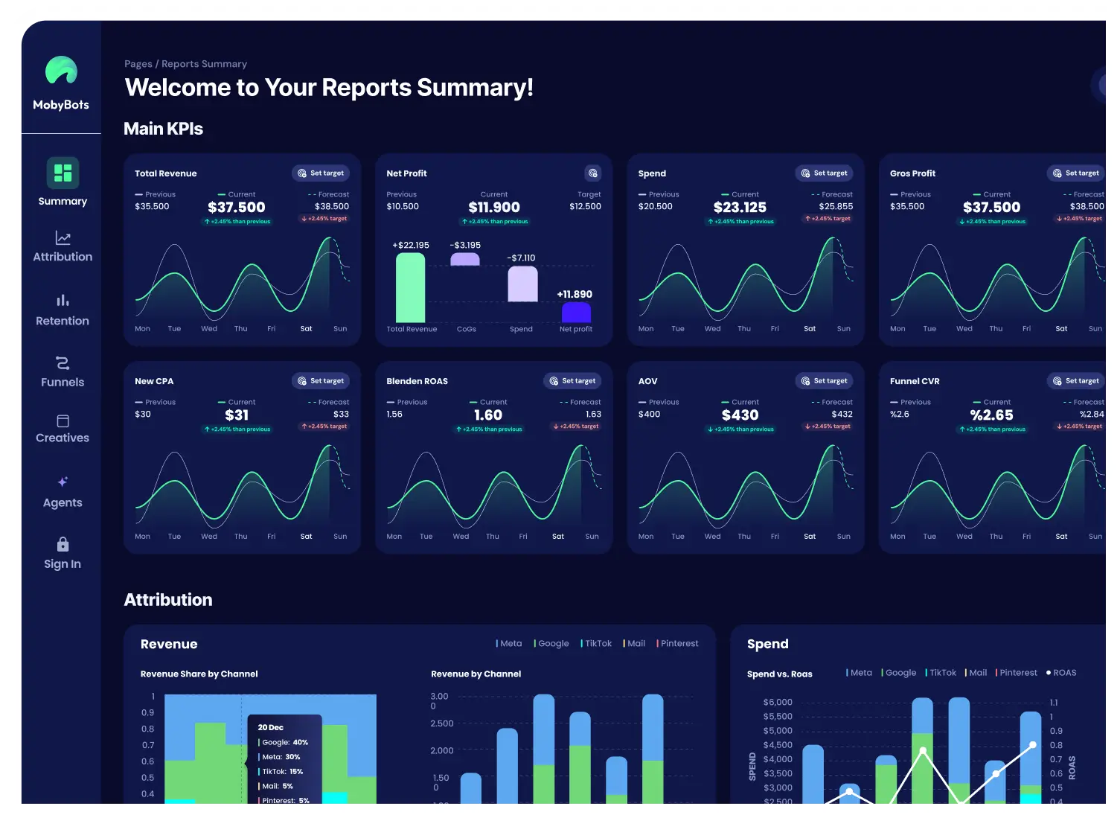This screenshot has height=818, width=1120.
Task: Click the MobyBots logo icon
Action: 61,70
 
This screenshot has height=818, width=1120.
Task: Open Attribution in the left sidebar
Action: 63,247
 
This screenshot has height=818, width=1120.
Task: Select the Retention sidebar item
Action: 63,311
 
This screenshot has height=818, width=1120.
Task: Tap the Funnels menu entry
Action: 63,372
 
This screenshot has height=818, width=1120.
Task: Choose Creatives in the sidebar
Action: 63,429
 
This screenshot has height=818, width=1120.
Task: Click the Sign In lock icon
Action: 63,544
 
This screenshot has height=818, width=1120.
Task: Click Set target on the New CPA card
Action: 321,381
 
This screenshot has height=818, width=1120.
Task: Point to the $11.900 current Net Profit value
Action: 494,207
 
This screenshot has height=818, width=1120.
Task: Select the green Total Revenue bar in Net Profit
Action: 410,287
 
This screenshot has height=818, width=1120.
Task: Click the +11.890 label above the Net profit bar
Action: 575,295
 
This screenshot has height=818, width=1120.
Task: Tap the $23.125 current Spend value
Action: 740,207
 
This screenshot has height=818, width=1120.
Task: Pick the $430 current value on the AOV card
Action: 740,415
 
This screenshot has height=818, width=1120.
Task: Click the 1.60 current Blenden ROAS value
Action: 488,415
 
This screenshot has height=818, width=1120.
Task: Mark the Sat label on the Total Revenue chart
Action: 306,329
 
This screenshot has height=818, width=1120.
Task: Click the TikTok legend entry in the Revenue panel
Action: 596,644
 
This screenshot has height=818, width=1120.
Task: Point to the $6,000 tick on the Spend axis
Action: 778,702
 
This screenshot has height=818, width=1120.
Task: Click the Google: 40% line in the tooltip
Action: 284,742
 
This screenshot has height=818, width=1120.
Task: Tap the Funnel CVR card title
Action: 915,381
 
